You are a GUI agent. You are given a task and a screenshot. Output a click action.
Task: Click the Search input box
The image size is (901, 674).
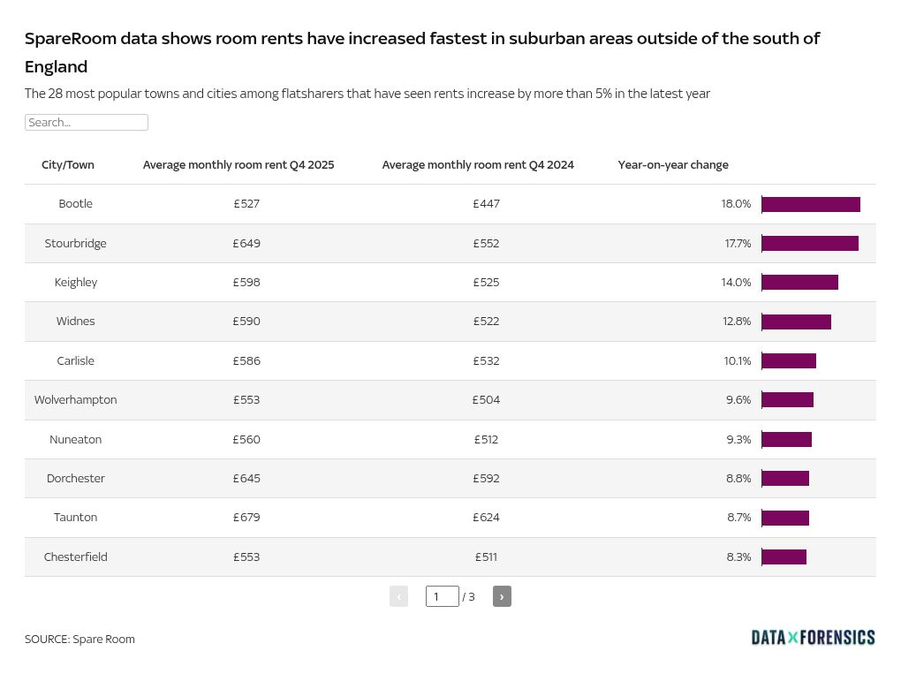pyautogui.click(x=86, y=123)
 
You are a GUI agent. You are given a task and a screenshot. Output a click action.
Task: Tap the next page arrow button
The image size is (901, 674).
pyautogui.click(x=502, y=596)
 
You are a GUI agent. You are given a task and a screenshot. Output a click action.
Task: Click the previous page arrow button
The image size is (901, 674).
pyautogui.click(x=398, y=596)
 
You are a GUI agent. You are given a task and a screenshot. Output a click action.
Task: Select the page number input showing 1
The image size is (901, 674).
pyautogui.click(x=442, y=596)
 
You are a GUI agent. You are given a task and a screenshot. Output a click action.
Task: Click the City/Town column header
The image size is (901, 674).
pyautogui.click(x=68, y=165)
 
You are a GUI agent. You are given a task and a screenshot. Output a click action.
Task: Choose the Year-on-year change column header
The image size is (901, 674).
pyautogui.click(x=673, y=165)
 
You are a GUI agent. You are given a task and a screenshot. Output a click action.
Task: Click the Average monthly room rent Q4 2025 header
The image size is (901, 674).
pyautogui.click(x=238, y=165)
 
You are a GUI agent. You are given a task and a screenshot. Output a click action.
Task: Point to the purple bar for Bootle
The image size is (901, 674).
pyautogui.click(x=810, y=204)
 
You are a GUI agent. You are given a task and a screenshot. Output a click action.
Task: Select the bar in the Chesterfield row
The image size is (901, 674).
pyautogui.click(x=784, y=557)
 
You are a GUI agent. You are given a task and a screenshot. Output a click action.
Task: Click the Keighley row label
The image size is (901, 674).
pyautogui.click(x=76, y=283)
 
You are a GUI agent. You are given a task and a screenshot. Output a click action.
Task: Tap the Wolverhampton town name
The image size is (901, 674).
pyautogui.click(x=76, y=400)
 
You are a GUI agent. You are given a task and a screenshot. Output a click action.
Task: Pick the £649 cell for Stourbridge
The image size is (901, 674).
pyautogui.click(x=246, y=244)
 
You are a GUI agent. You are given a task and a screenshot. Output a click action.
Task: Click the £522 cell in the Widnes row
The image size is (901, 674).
pyautogui.click(x=486, y=322)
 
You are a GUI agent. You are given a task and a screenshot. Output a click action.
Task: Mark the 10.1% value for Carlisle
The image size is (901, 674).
pyautogui.click(x=737, y=361)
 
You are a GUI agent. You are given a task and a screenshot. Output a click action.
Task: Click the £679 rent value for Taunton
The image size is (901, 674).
pyautogui.click(x=246, y=518)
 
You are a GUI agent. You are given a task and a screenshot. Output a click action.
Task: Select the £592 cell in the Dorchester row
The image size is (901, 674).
pyautogui.click(x=486, y=479)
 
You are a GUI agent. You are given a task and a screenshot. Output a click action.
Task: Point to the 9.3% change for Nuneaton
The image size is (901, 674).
pyautogui.click(x=738, y=440)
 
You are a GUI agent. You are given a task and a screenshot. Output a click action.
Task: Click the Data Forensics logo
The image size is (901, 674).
pyautogui.click(x=813, y=638)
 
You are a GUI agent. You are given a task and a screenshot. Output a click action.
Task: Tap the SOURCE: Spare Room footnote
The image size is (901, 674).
pyautogui.click(x=79, y=640)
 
